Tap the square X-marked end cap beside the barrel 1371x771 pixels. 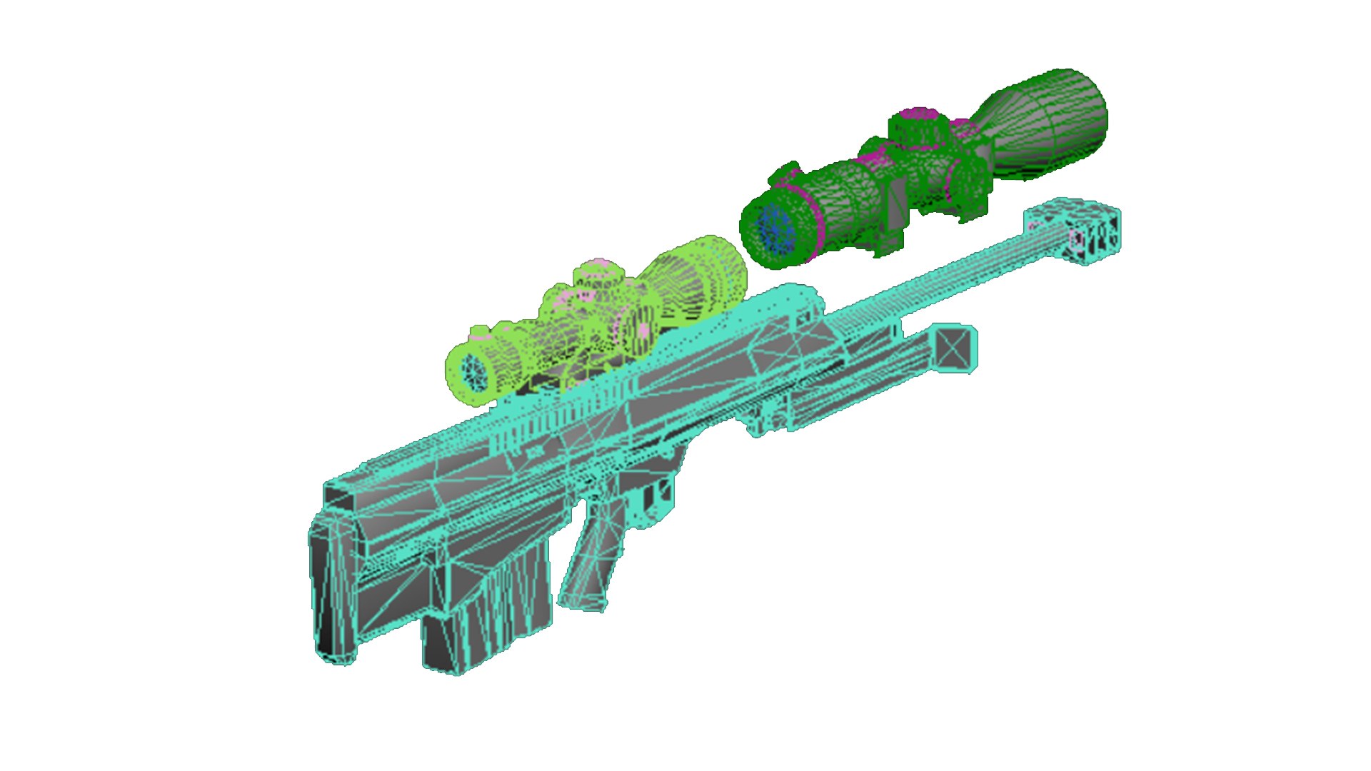pyautogui.click(x=954, y=348)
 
